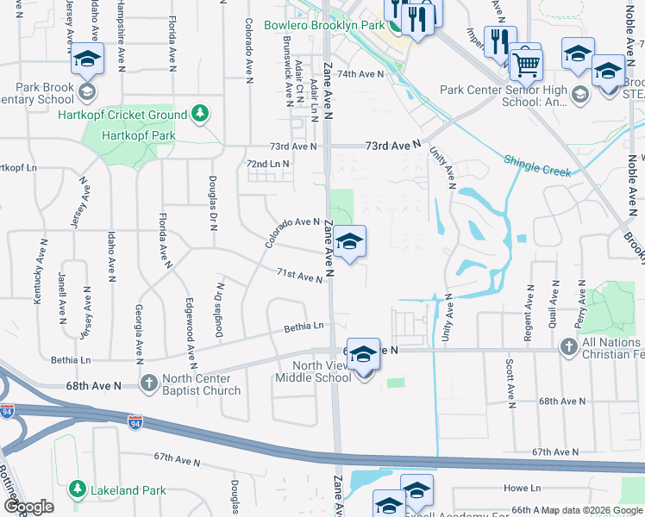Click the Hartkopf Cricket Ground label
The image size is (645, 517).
tap(122, 115)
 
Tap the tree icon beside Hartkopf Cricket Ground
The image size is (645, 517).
tap(200, 114)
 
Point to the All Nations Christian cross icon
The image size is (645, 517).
tap(567, 346)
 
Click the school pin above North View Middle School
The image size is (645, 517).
tap(363, 354)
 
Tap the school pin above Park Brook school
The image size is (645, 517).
tap(86, 59)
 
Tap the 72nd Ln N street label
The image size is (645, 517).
tap(267, 163)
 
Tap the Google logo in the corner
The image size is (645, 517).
tap(29, 506)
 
